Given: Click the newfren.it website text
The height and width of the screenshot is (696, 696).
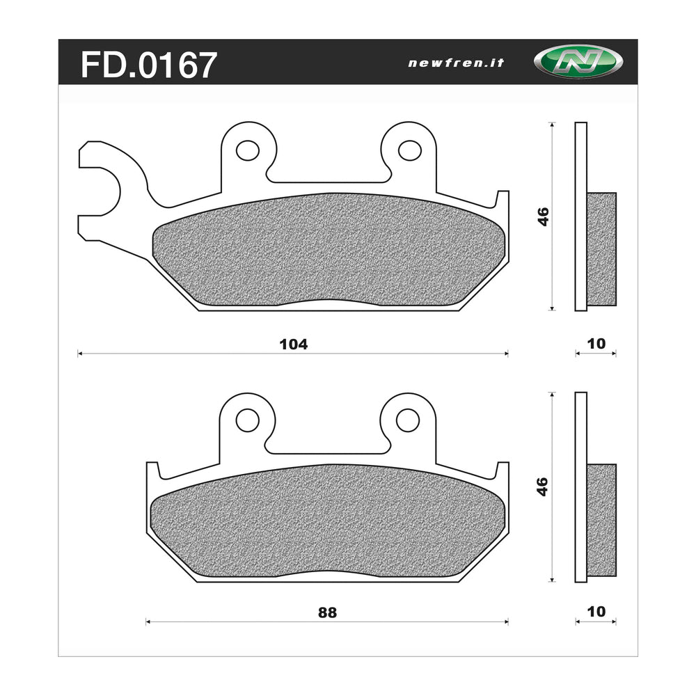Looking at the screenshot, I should [x=456, y=63].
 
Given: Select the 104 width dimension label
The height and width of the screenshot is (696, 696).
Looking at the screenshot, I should [x=293, y=344].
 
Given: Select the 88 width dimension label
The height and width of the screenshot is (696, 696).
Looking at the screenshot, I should [x=327, y=612].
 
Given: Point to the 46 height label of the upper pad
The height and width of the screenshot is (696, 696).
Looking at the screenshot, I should [x=544, y=216].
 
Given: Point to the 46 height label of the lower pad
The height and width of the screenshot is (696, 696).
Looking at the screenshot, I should [x=544, y=486].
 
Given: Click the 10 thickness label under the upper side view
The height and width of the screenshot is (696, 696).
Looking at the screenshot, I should [x=596, y=343].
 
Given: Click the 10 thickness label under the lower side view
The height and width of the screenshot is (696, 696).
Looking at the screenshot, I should [x=596, y=612].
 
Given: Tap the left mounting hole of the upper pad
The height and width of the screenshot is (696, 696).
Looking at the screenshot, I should [x=247, y=150].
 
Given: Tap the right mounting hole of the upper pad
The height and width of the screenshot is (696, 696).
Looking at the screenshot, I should [x=408, y=150].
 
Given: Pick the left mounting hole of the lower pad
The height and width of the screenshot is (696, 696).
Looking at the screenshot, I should [x=247, y=420].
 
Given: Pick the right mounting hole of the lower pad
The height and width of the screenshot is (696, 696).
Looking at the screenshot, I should [x=408, y=420].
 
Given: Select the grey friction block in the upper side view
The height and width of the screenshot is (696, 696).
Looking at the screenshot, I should [x=601, y=248].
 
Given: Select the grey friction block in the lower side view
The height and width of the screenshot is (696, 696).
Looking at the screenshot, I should [x=601, y=520].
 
